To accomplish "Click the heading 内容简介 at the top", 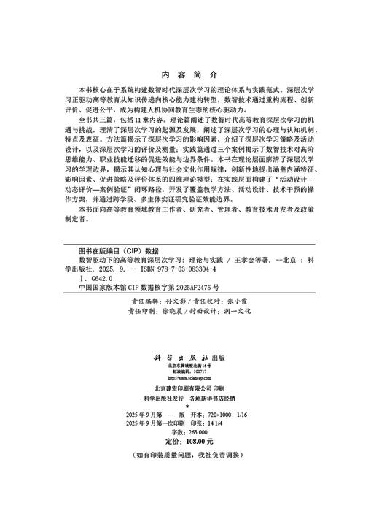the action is click(x=189, y=74).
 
